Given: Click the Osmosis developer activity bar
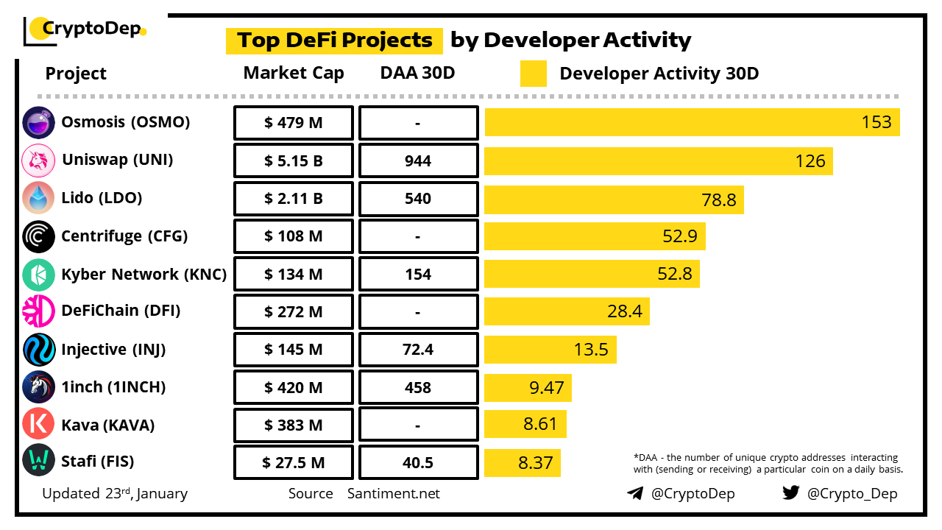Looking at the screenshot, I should coord(692,122).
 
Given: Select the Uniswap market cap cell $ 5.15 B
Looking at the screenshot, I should coord(294,161).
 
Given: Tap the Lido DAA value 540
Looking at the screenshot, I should coord(418,199).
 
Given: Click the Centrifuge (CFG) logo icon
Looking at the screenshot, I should coord(38,236).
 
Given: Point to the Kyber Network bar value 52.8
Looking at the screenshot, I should coord(675,274).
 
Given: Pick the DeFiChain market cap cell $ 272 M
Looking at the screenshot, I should coord(294,312).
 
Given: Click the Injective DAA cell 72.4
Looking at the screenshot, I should coord(418,350).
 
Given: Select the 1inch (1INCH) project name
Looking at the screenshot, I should coord(113,387).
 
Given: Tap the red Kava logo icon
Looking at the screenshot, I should coord(38,425).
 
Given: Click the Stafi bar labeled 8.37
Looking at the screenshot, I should coord(523,463).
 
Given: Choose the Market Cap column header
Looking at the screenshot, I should coord(294,73).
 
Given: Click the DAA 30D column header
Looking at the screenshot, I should coord(417,73).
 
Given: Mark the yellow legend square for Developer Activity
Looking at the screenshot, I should coord(534,74).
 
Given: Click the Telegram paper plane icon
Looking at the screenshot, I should coord(635,493).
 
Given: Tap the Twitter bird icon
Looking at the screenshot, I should coord(791,492).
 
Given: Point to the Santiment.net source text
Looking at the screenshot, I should coord(394,493).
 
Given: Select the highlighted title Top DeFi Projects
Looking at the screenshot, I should coord(334,40).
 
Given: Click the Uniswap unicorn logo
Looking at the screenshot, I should coord(38,160).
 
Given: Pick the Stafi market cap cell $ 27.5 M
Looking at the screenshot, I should coord(294,463).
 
